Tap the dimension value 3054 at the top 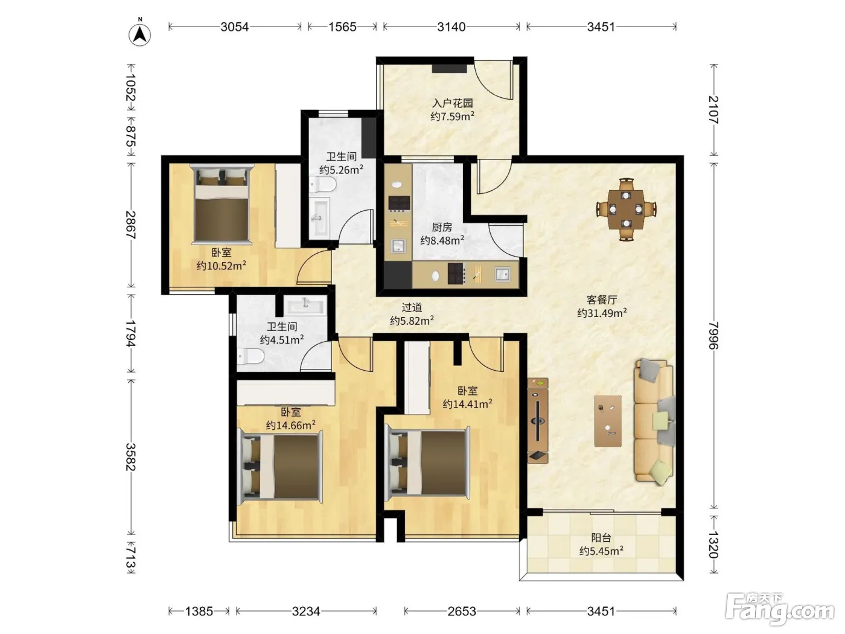click(x=234, y=27)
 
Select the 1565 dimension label click(x=342, y=27)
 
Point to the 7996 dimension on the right click(x=714, y=335)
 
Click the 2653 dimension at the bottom click(x=462, y=611)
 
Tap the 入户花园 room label click(x=452, y=103)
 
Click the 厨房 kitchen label click(x=442, y=228)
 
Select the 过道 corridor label click(x=412, y=307)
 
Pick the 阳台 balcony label click(x=601, y=538)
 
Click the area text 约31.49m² click(x=602, y=313)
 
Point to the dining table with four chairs click(x=626, y=210)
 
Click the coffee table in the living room click(x=608, y=421)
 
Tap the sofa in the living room click(x=654, y=421)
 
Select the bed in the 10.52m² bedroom click(x=222, y=205)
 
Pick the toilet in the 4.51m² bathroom click(x=250, y=356)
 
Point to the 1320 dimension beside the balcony click(x=714, y=545)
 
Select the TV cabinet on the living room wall click(x=538, y=421)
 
